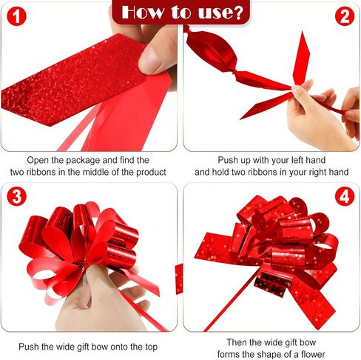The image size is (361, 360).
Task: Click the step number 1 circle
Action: coord(16,16)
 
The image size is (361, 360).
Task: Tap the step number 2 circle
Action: coord(345,16)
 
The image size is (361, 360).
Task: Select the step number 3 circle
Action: coord(16,196)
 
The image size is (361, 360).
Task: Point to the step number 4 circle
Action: coord(345,196)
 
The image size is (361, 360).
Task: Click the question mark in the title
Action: coord(238,13)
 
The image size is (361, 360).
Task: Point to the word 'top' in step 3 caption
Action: coord(151,347)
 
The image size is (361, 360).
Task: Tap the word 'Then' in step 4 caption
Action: coord(237,342)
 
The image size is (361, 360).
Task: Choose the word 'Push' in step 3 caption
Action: coord(29,347)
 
